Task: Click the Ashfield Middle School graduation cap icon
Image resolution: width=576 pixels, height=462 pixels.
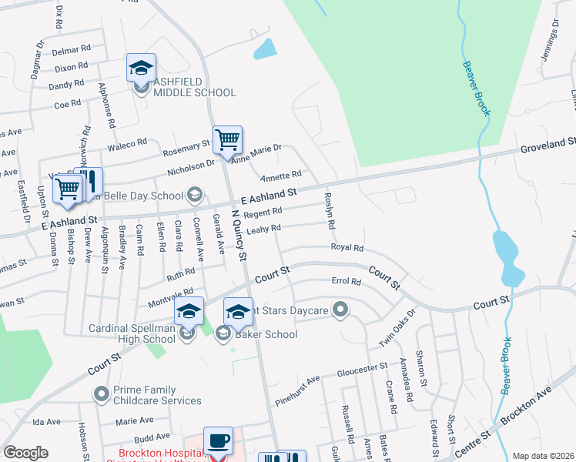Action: point(141,68)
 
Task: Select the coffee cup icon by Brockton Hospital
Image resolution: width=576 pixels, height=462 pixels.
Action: point(218,441)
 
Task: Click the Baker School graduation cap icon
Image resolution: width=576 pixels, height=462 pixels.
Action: point(238,311)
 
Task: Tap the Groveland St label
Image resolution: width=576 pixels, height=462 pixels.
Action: point(548,143)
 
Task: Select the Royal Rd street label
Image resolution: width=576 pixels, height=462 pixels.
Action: point(347,248)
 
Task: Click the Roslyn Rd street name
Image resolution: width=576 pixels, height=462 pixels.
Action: point(330,211)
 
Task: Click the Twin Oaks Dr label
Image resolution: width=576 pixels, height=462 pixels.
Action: point(398,328)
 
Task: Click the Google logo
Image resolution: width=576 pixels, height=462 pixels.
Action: point(25,453)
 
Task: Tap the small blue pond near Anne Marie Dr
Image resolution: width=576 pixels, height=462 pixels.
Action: point(265,49)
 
